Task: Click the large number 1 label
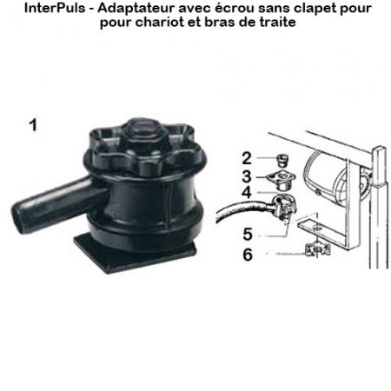click(32, 125)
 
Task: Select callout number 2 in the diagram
click(248, 158)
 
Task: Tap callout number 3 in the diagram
click(248, 176)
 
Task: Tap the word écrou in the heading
click(221, 9)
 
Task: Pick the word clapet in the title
click(297, 9)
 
